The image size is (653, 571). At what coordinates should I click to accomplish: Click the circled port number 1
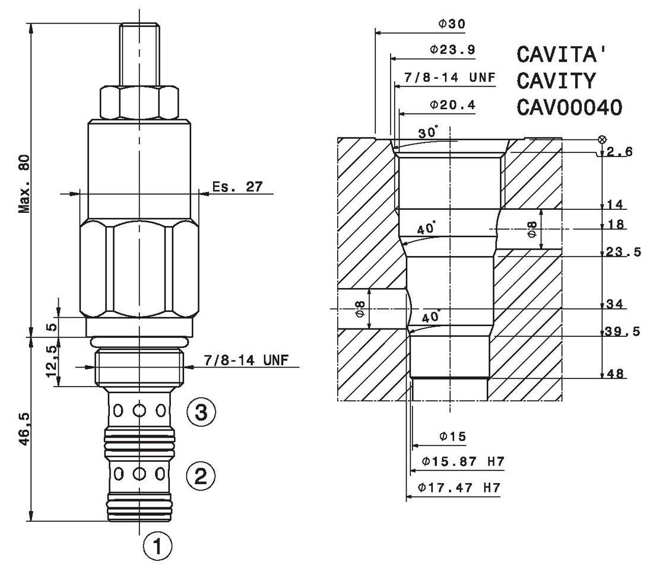(x=157, y=546)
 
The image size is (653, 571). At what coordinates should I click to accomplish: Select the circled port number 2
(x=201, y=476)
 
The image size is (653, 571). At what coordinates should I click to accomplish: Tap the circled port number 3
(x=201, y=413)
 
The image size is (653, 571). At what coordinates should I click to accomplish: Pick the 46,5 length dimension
(x=25, y=429)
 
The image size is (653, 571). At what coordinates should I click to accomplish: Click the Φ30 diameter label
(x=452, y=24)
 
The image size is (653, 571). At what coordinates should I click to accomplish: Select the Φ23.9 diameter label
(x=452, y=49)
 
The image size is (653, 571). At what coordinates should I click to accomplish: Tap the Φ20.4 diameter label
(x=452, y=104)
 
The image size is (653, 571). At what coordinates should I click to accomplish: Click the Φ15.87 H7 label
(x=463, y=461)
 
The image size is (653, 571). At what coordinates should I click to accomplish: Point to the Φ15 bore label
(x=453, y=436)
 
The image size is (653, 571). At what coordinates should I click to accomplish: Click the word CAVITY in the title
(x=556, y=81)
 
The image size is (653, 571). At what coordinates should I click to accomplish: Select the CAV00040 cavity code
(x=569, y=107)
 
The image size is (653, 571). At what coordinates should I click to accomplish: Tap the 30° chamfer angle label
(x=428, y=132)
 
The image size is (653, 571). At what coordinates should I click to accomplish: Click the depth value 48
(x=616, y=374)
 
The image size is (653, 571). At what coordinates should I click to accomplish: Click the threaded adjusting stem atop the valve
(x=140, y=55)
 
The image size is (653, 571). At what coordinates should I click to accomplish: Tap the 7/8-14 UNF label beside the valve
(x=246, y=360)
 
